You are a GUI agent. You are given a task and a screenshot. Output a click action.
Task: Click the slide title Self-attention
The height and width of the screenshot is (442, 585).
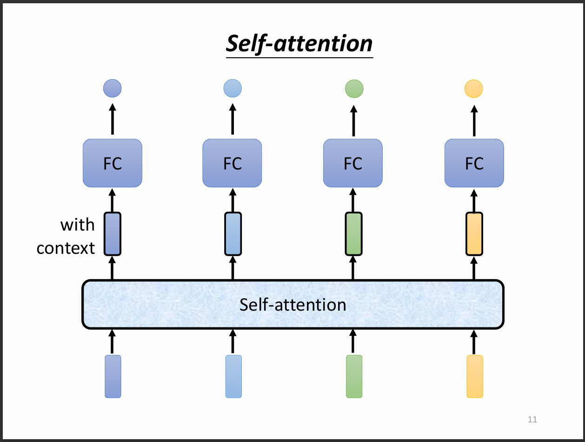pyautogui.click(x=299, y=44)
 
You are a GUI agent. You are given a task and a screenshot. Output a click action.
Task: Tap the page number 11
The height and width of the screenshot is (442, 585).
pyautogui.click(x=532, y=420)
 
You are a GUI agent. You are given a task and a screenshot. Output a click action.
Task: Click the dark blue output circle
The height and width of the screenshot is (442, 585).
pyautogui.click(x=112, y=88)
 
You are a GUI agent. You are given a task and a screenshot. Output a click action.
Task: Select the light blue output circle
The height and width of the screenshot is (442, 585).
pyautogui.click(x=233, y=88)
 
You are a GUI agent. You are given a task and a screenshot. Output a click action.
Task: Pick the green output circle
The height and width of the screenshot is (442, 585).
pyautogui.click(x=354, y=88)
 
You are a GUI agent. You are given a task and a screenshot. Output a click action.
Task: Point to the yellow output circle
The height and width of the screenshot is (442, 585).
pyautogui.click(x=474, y=88)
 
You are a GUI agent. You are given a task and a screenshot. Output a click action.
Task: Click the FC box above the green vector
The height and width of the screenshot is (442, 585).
pyautogui.click(x=353, y=163)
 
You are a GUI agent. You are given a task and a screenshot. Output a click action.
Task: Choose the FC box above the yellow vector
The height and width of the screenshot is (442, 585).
pyautogui.click(x=474, y=163)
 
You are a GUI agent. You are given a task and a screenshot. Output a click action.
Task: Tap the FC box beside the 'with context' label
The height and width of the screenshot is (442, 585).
pyautogui.click(x=112, y=163)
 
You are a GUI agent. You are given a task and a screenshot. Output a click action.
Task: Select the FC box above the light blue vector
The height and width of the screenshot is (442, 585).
pyautogui.click(x=232, y=163)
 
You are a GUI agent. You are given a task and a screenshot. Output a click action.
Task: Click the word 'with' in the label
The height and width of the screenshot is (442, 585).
pyautogui.click(x=77, y=225)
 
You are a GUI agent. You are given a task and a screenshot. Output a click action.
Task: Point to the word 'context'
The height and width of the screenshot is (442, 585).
pyautogui.click(x=66, y=248)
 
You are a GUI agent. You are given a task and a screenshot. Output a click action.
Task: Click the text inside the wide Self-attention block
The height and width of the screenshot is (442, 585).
pyautogui.click(x=293, y=305)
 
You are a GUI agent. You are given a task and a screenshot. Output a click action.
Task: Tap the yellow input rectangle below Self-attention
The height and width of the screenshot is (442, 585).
pyautogui.click(x=474, y=376)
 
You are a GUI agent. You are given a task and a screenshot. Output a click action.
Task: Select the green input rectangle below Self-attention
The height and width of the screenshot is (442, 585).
pyautogui.click(x=354, y=376)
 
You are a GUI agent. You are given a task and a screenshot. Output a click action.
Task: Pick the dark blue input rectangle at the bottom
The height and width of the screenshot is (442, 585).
pyautogui.click(x=113, y=376)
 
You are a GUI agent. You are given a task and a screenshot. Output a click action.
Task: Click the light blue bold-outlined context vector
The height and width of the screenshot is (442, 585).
pyautogui.click(x=233, y=234)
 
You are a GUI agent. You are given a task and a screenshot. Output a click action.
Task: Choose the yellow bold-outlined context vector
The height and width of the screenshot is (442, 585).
pyautogui.click(x=474, y=234)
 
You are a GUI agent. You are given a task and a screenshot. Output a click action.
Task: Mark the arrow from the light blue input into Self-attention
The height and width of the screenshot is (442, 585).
pyautogui.click(x=233, y=341)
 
